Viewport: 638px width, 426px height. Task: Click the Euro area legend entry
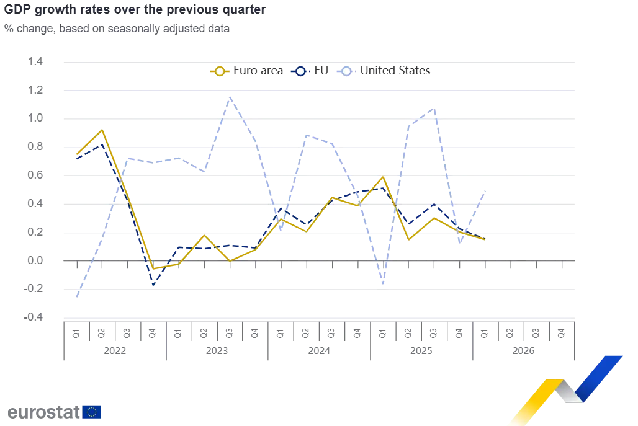tap(246, 71)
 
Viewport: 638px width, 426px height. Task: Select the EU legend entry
tap(310, 71)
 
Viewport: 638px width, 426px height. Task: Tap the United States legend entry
tap(384, 71)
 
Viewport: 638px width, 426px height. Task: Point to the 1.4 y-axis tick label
tap(35, 61)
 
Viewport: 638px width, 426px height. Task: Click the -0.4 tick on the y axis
tap(33, 317)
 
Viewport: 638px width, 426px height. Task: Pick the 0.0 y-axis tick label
tap(35, 260)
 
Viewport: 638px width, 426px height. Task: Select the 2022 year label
tap(115, 351)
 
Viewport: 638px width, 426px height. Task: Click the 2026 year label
tap(523, 351)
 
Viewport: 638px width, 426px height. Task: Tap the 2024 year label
tap(319, 351)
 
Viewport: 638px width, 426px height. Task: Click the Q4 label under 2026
tap(561, 334)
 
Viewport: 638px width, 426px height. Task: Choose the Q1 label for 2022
tap(76, 334)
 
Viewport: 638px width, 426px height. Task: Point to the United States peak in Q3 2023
tap(230, 97)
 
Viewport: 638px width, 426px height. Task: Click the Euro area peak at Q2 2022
tap(102, 130)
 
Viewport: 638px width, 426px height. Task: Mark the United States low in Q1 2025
tap(384, 283)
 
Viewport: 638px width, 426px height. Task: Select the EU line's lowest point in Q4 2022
tap(153, 285)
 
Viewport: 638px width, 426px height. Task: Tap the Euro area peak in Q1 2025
tap(384, 177)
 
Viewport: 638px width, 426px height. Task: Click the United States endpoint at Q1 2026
tap(485, 191)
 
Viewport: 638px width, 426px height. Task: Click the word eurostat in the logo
tap(44, 412)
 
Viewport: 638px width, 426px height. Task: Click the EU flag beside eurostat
tap(92, 412)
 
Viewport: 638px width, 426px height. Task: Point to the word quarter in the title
tap(244, 10)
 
